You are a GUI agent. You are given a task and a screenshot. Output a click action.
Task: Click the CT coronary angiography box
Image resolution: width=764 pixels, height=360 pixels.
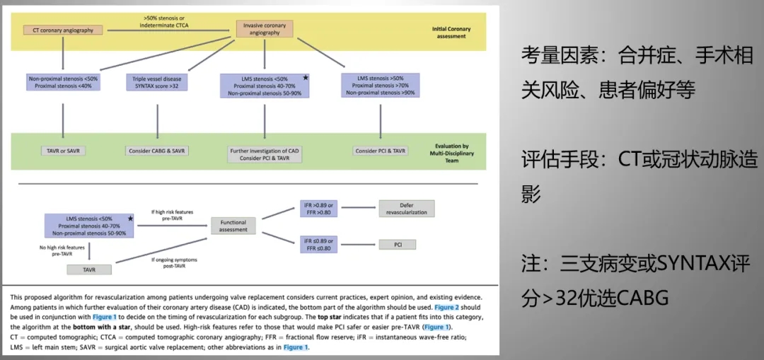click(63, 30)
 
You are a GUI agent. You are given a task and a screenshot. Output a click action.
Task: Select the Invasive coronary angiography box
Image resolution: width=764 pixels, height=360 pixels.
click(264, 29)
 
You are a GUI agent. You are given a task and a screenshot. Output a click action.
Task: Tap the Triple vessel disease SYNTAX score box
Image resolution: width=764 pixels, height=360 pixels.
click(157, 82)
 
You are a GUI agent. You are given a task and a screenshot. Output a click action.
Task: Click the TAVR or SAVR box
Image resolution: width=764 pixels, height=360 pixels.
click(63, 151)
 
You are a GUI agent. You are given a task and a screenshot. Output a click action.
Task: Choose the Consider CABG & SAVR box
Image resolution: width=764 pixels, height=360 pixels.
click(157, 151)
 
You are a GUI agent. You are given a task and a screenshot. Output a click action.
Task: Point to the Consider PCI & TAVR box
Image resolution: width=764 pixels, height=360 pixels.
click(380, 151)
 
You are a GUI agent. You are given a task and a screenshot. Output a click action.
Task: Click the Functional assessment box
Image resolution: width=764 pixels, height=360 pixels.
click(233, 226)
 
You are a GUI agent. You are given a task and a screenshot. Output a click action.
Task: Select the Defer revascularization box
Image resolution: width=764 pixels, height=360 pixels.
click(407, 209)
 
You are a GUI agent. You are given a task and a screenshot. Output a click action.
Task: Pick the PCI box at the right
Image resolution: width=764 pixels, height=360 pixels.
click(397, 244)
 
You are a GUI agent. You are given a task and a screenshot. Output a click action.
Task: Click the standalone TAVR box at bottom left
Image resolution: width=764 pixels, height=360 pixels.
click(89, 269)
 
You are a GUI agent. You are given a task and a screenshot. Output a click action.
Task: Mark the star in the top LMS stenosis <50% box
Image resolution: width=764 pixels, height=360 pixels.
click(305, 77)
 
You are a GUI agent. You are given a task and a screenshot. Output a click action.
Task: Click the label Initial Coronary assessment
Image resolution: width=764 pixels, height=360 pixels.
click(451, 33)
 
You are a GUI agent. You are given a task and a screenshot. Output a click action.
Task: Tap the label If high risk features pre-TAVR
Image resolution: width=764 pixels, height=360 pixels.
click(172, 215)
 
